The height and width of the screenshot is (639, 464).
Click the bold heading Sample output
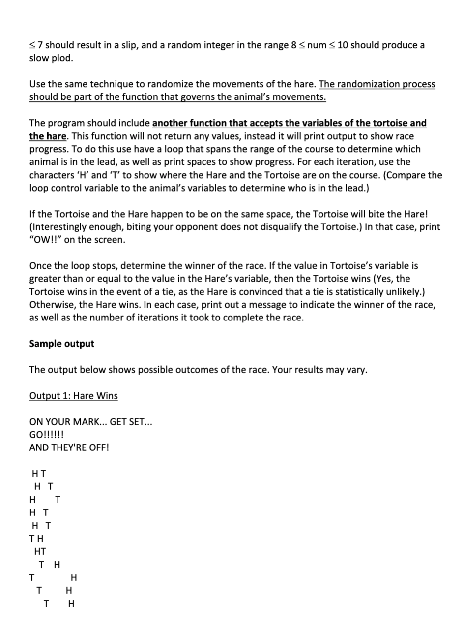pos(61,344)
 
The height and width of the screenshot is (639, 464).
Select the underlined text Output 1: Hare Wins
pos(73,396)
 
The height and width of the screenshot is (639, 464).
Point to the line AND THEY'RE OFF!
pos(69,447)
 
